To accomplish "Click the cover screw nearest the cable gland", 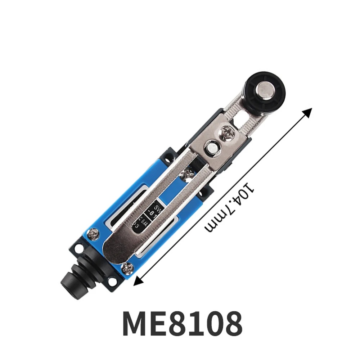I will point(128,267).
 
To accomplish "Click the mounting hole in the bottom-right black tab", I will point(115,283).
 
